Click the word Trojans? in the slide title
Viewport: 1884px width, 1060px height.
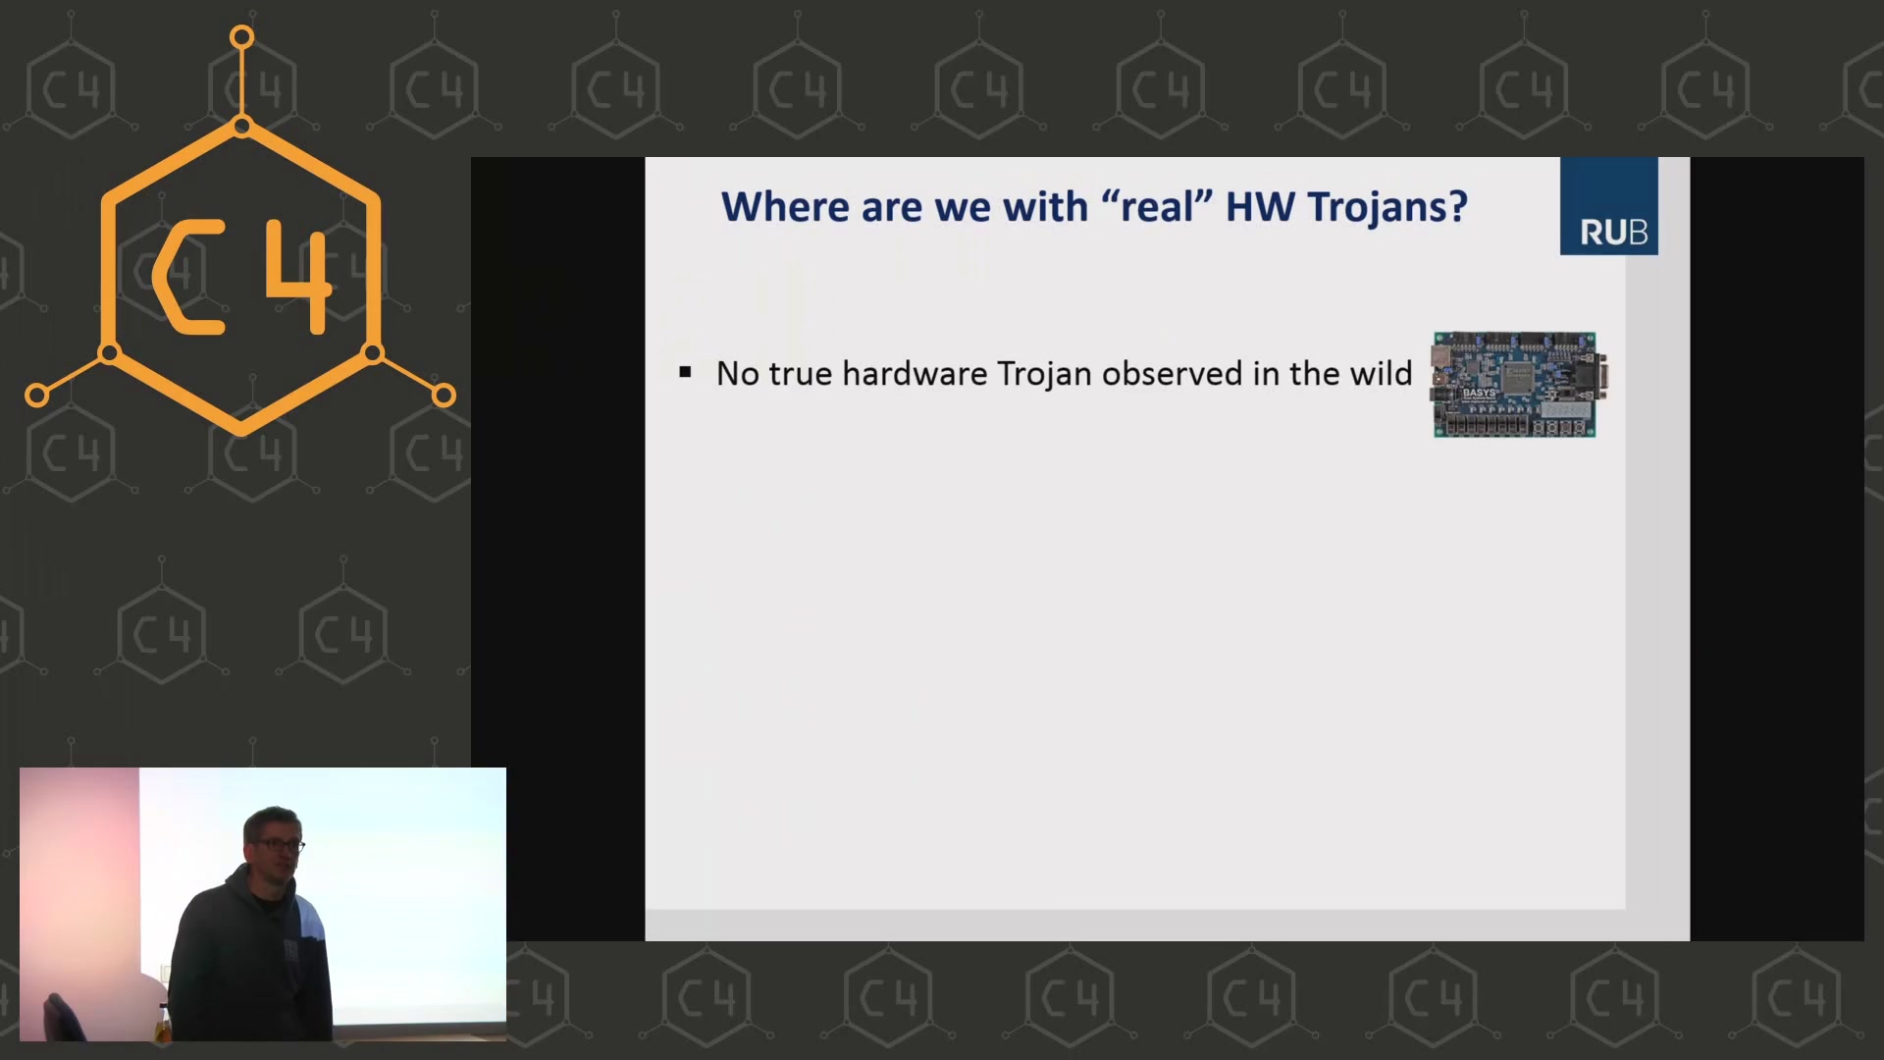click(1387, 207)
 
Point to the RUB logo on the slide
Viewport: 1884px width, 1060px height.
click(1609, 206)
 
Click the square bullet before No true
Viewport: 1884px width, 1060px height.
click(685, 372)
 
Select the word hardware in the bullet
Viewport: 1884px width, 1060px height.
click(915, 374)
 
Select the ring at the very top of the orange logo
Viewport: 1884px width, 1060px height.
click(241, 38)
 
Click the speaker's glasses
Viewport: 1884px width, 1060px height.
click(282, 845)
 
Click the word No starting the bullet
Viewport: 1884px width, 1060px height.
click(738, 374)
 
